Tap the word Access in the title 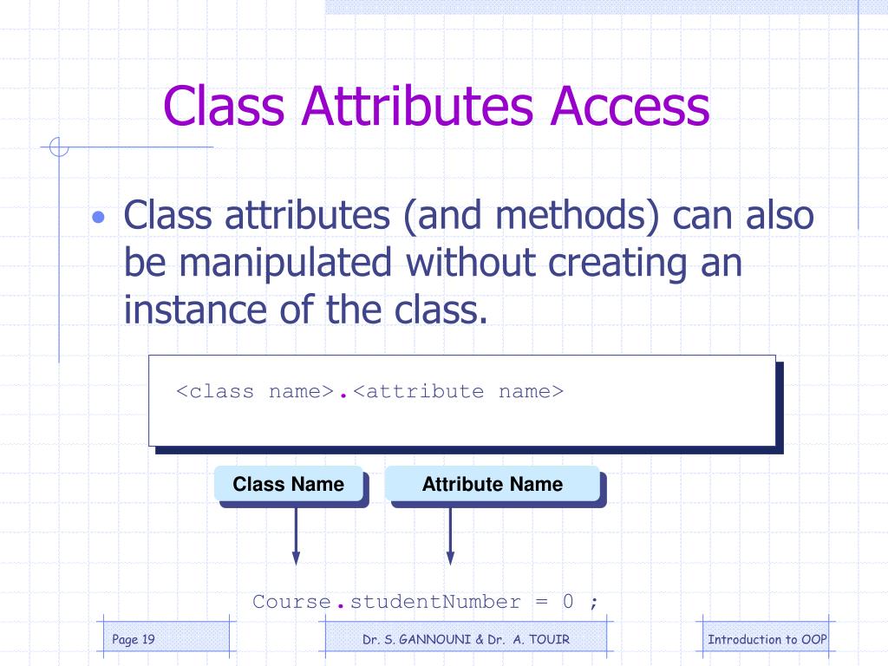tap(622, 107)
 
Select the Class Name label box tap(289, 484)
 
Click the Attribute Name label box tap(493, 484)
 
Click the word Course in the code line tap(292, 602)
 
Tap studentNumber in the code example tap(436, 602)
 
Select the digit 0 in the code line tap(567, 602)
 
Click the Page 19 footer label tap(134, 640)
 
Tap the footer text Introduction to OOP tap(767, 640)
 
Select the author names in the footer tap(467, 640)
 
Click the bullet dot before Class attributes tap(101, 216)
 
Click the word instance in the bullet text tap(200, 310)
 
